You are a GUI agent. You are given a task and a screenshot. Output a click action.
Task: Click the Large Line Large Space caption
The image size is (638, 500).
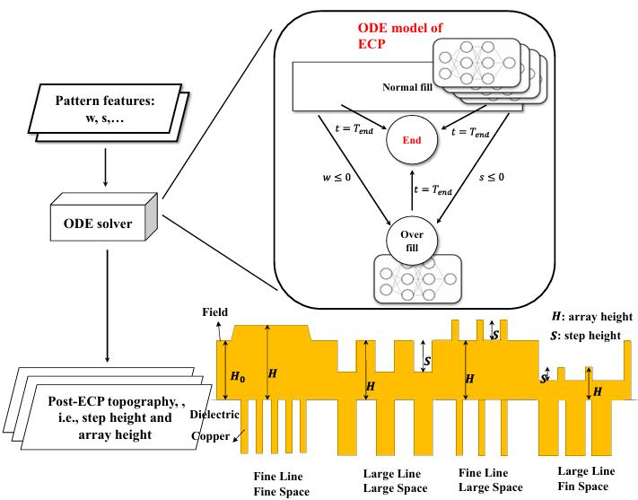pyautogui.click(x=394, y=480)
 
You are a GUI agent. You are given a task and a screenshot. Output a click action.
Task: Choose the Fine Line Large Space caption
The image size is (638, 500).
pyautogui.click(x=489, y=480)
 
